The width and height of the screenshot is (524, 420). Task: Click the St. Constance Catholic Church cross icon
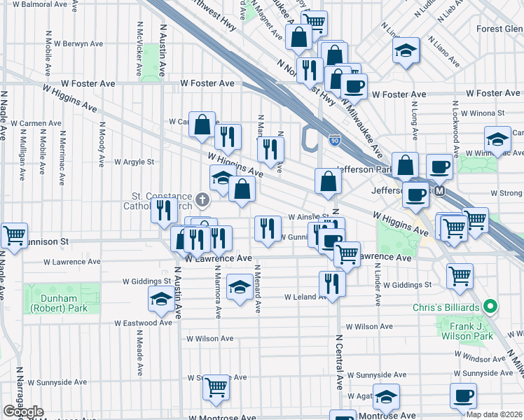(202, 201)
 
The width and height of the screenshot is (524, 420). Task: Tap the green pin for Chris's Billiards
(491, 307)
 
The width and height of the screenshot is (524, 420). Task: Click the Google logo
(23, 412)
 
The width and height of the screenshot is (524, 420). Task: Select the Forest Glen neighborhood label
(499, 29)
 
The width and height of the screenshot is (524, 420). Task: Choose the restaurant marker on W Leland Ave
(331, 283)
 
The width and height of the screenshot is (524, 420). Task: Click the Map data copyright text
(493, 414)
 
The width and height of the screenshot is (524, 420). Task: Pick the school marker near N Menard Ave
(240, 288)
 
